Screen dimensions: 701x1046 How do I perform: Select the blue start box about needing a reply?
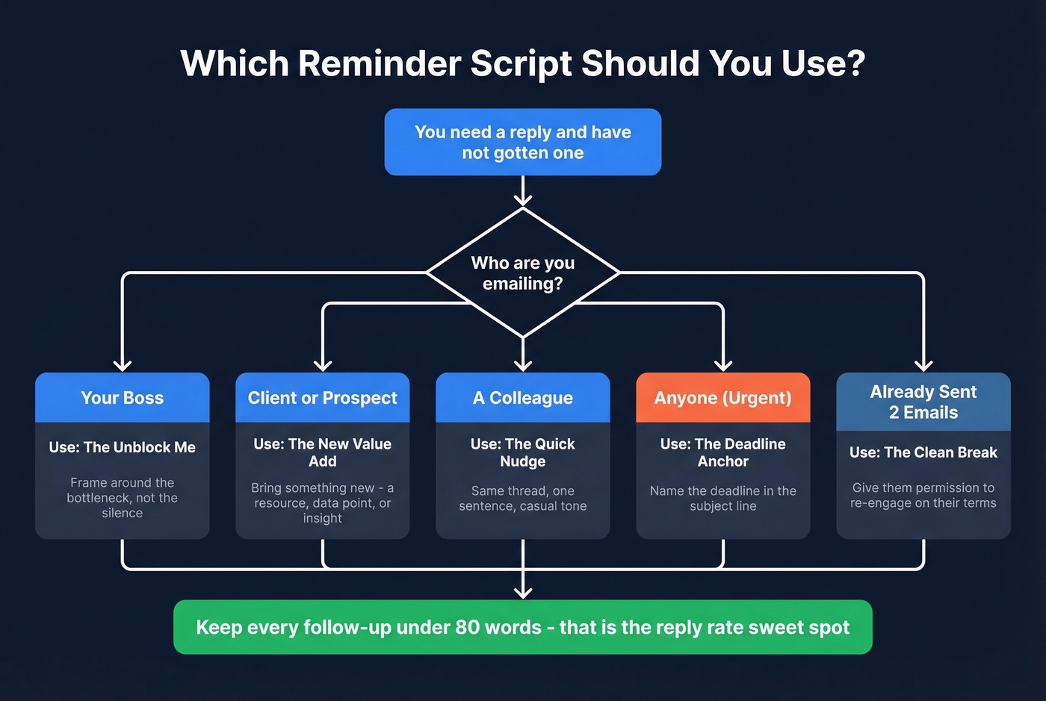[x=522, y=142]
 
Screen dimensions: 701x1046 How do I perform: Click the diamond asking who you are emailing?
[x=522, y=273]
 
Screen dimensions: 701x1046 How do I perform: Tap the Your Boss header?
[x=122, y=398]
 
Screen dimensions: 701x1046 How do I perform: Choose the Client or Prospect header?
[x=322, y=398]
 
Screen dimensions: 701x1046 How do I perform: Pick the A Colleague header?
[x=522, y=398]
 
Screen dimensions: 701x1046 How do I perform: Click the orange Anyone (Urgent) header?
[x=722, y=398]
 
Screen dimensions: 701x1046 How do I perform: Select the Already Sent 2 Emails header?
[x=923, y=402]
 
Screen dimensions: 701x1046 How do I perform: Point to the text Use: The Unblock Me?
[x=122, y=447]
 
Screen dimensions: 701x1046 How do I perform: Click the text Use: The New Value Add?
[x=322, y=452]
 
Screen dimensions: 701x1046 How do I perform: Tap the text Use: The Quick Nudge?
[x=522, y=452]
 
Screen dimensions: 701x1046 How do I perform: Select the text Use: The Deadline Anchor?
[x=722, y=452]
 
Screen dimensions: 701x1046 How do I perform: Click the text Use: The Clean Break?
[x=923, y=452]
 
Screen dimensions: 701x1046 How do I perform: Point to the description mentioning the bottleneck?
[x=122, y=498]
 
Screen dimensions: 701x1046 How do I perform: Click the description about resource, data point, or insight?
[x=322, y=502]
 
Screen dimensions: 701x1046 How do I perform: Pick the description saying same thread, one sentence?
[x=522, y=498]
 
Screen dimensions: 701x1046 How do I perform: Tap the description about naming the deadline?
[x=722, y=498]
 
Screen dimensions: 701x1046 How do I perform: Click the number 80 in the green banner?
[x=467, y=627]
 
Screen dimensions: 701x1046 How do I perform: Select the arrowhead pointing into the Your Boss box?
[x=122, y=364]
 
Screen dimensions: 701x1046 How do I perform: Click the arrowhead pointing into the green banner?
[x=523, y=592]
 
